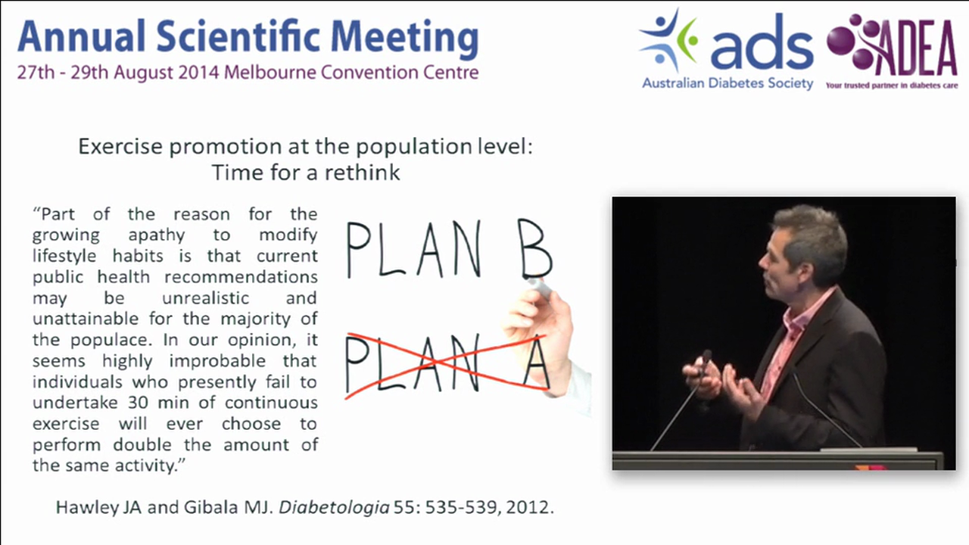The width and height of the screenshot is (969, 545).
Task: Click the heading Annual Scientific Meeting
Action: (x=248, y=39)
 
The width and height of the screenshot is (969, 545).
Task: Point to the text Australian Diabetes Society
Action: (x=728, y=84)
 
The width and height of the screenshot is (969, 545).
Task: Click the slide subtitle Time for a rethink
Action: (x=306, y=173)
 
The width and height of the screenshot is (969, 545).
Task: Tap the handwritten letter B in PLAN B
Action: (x=534, y=250)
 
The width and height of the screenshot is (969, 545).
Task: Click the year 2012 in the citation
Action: (x=532, y=508)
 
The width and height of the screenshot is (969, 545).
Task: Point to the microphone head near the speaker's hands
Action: (x=706, y=356)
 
